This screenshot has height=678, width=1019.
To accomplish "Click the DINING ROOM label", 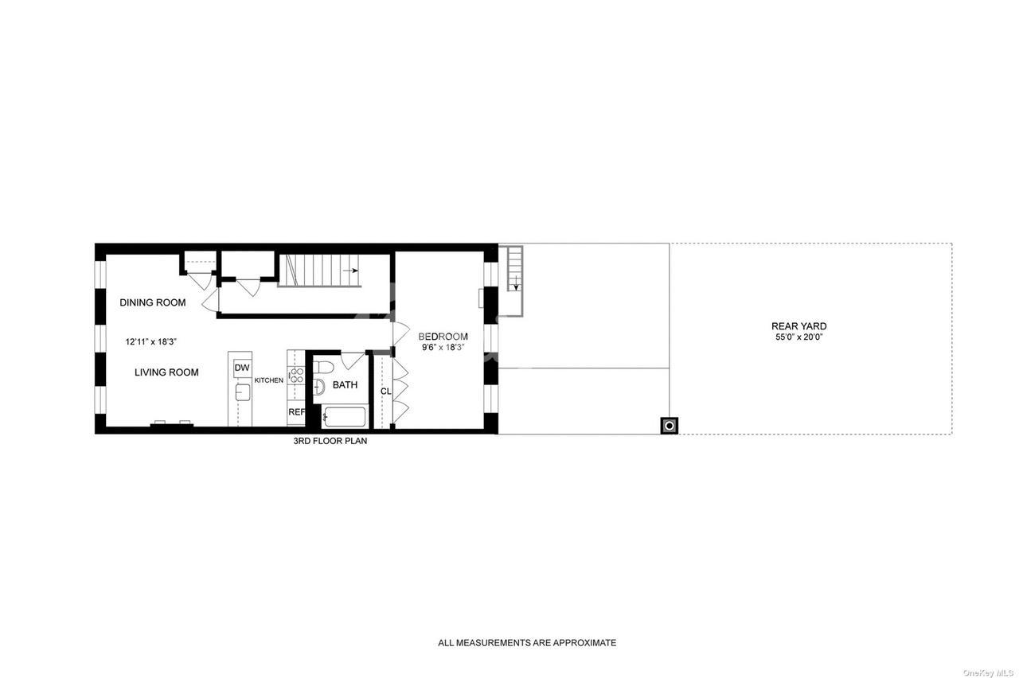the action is pyautogui.click(x=152, y=302).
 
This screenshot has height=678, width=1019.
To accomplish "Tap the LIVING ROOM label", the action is pyautogui.click(x=166, y=372).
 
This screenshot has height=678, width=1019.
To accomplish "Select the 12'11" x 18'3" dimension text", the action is pyautogui.click(x=151, y=342).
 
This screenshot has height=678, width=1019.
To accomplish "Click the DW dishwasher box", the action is pyautogui.click(x=242, y=368).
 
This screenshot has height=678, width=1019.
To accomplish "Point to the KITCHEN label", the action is pyautogui.click(x=269, y=380).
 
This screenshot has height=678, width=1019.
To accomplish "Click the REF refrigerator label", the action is pyautogui.click(x=296, y=412).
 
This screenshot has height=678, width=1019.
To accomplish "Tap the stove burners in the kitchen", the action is pyautogui.click(x=297, y=375).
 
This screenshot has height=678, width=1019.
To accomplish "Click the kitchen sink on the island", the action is pyautogui.click(x=243, y=392).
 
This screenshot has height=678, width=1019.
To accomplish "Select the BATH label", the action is pyautogui.click(x=345, y=385).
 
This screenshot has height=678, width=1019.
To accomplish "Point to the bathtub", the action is pyautogui.click(x=344, y=417).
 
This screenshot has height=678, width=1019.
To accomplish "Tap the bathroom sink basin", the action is pyautogui.click(x=319, y=387).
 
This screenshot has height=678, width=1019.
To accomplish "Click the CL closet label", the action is pyautogui.click(x=386, y=392).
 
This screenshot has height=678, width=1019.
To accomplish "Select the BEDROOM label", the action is pyautogui.click(x=443, y=337).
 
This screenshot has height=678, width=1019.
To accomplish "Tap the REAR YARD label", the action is pyautogui.click(x=799, y=326).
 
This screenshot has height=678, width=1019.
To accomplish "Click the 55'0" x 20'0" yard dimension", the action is pyautogui.click(x=799, y=337).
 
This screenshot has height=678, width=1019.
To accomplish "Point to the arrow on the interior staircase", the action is pyautogui.click(x=351, y=271).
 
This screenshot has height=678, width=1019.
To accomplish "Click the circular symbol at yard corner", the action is pyautogui.click(x=670, y=426).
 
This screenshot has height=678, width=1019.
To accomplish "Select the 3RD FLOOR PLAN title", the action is pyautogui.click(x=330, y=441).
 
